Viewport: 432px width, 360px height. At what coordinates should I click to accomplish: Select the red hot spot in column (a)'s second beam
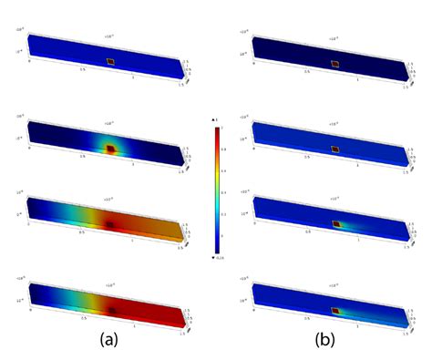111,149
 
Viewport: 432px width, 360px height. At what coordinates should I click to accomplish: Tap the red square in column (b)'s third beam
334,223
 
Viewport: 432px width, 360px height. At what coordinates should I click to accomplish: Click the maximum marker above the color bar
215,121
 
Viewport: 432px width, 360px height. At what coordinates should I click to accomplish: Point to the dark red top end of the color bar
216,130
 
